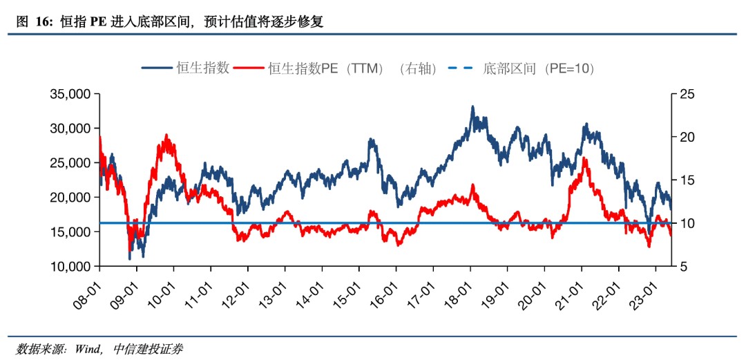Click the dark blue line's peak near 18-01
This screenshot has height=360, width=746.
point(472,107)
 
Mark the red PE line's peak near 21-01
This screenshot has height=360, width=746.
point(585,159)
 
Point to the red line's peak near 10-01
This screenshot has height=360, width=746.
point(166,135)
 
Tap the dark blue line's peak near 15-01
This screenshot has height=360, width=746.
point(371,140)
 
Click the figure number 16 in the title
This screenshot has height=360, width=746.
point(43,22)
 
